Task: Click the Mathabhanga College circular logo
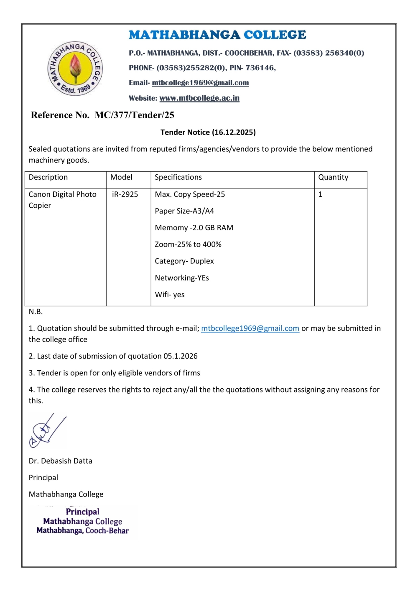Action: pos(75,69)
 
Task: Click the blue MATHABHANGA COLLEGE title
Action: pos(217,35)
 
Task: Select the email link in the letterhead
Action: pos(200,83)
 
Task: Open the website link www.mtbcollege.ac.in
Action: pos(199,98)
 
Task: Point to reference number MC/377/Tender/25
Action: pos(134,115)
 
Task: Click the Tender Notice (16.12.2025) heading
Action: pos(208,132)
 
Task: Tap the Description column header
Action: pos(48,177)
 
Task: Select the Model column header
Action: pos(121,177)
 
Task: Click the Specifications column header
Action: pos(178,177)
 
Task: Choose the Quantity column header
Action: pos(333,177)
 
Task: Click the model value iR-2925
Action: pos(125,194)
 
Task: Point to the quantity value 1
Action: pos(321,194)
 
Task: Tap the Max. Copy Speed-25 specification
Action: pos(190,194)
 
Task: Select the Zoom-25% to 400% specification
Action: pos(188,245)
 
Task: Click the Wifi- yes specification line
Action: pos(170,295)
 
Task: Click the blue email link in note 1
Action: pos(250,329)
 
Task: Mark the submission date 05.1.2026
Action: pos(181,356)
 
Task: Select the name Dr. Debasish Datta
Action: pos(61,461)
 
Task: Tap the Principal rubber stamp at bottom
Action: pos(83,521)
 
